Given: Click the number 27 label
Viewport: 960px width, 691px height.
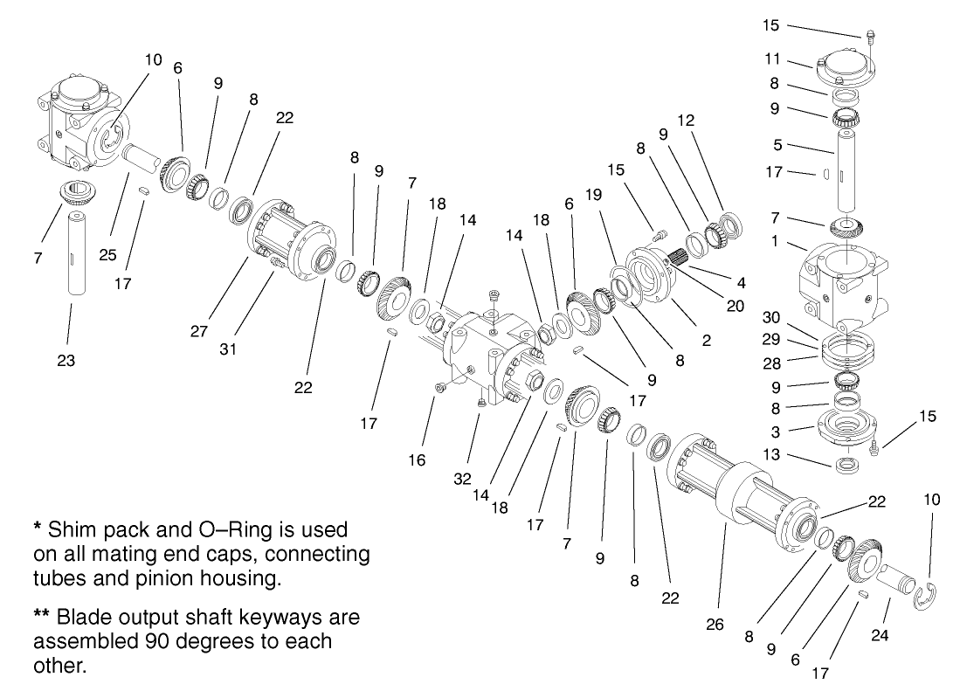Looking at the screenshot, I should [x=198, y=331].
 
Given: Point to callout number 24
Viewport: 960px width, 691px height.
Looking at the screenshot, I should [x=880, y=636].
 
